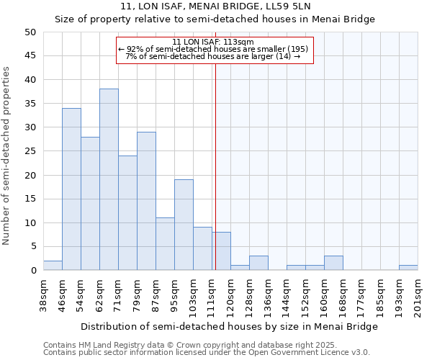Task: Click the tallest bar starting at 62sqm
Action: [x=109, y=179]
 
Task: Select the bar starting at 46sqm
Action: [x=71, y=189]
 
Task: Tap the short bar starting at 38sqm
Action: [x=53, y=266]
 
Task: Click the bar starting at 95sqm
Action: [x=184, y=225]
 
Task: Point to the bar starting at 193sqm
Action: [x=408, y=268]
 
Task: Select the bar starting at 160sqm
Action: [x=333, y=263]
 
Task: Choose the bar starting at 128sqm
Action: [x=258, y=263]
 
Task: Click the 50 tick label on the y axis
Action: [x=30, y=32]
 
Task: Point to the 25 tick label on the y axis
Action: [x=30, y=151]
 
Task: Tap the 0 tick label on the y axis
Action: [x=33, y=271]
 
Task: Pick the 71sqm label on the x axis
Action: [x=118, y=294]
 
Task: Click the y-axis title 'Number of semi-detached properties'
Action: [x=7, y=156]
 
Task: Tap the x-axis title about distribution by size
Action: [x=229, y=326]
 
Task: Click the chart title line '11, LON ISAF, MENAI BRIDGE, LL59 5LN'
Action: [x=215, y=6]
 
